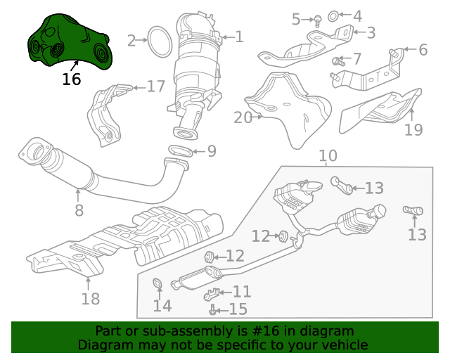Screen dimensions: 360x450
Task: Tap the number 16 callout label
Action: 71,79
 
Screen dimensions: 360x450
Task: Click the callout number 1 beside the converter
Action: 239,36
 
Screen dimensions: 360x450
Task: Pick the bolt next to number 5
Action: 317,21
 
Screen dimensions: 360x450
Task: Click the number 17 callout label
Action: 155,86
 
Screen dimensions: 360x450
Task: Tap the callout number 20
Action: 243,117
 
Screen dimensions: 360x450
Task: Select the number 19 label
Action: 413,129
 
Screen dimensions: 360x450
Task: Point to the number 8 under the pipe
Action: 79,210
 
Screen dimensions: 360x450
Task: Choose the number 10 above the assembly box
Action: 328,156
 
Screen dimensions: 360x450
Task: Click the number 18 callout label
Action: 90,300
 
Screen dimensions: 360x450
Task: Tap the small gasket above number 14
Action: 158,284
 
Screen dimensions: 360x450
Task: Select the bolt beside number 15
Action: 212,309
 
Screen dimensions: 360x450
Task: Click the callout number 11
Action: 242,291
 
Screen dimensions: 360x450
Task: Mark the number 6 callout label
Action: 423,50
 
